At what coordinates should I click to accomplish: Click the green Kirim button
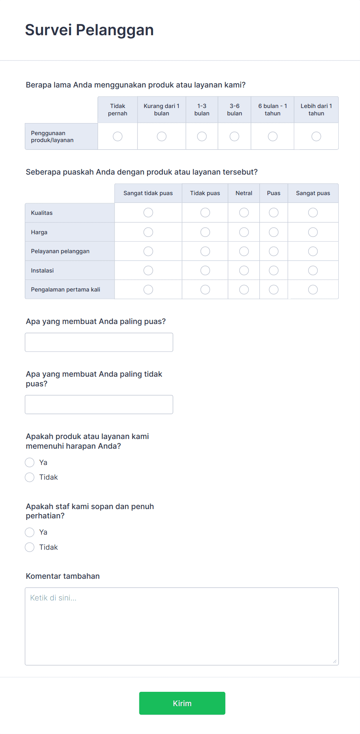pyautogui.click(x=182, y=703)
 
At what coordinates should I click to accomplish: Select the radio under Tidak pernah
pyautogui.click(x=118, y=136)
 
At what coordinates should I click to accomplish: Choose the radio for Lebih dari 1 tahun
pyautogui.click(x=316, y=136)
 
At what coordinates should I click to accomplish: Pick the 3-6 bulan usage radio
pyautogui.click(x=235, y=136)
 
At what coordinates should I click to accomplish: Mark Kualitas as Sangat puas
pyautogui.click(x=313, y=213)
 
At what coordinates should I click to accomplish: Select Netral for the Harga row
pyautogui.click(x=244, y=232)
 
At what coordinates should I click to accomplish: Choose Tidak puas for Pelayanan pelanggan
pyautogui.click(x=205, y=251)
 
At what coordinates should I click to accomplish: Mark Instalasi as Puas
pyautogui.click(x=274, y=270)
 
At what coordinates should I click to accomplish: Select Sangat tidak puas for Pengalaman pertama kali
pyautogui.click(x=148, y=290)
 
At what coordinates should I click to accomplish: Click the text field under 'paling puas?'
pyautogui.click(x=99, y=342)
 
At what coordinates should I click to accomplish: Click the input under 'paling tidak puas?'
pyautogui.click(x=99, y=405)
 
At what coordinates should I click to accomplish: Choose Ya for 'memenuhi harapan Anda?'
pyautogui.click(x=30, y=462)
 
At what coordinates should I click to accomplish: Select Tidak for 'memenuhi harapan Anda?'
pyautogui.click(x=30, y=477)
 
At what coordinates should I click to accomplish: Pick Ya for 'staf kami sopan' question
pyautogui.click(x=30, y=532)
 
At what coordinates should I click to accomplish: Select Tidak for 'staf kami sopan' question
pyautogui.click(x=30, y=547)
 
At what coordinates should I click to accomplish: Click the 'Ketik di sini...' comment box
pyautogui.click(x=182, y=626)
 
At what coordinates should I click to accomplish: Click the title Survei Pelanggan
pyautogui.click(x=89, y=30)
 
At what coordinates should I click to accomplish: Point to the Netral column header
pyautogui.click(x=244, y=193)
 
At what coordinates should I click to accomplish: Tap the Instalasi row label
pyautogui.click(x=42, y=271)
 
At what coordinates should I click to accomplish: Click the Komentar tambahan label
pyautogui.click(x=63, y=576)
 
